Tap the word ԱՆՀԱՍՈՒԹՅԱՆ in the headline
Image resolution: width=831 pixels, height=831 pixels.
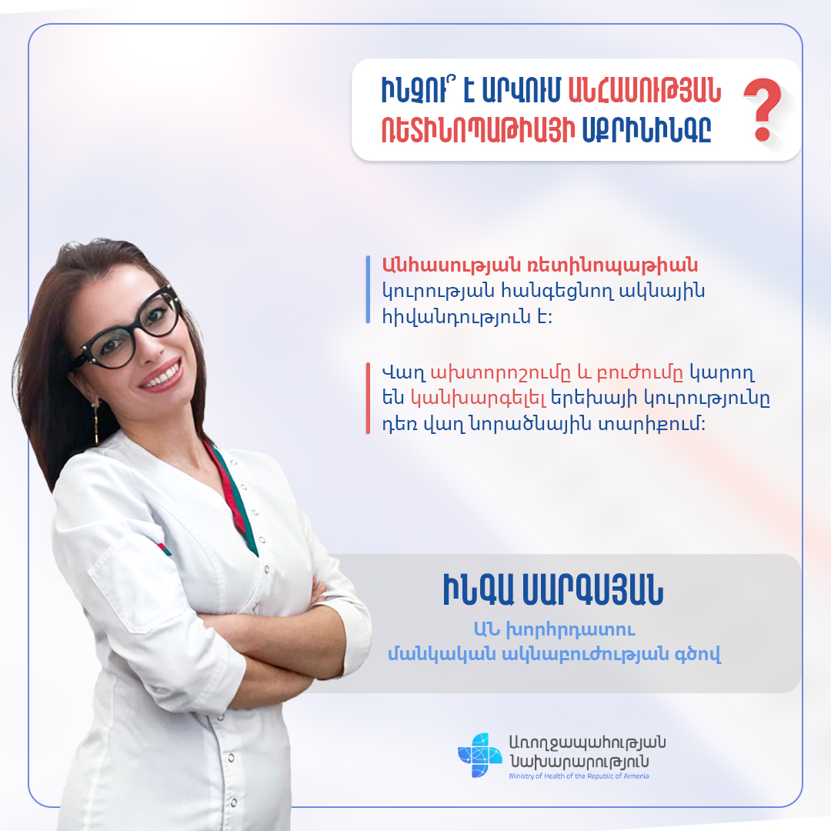(x=644, y=91)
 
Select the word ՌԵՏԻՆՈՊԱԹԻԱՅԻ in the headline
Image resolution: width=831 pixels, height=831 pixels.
(x=478, y=130)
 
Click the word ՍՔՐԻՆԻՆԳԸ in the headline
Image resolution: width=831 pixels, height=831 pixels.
(x=646, y=130)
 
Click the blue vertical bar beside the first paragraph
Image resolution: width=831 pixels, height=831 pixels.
(x=368, y=290)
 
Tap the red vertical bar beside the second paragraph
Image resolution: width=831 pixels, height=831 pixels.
(x=368, y=399)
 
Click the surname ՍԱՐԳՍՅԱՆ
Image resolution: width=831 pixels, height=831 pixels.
(x=592, y=590)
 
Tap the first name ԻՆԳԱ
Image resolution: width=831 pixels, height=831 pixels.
(x=478, y=590)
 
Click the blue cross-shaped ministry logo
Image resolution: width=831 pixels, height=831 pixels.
(x=479, y=755)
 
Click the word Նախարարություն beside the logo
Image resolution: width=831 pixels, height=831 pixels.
(x=579, y=762)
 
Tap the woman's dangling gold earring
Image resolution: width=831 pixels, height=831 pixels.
(x=96, y=422)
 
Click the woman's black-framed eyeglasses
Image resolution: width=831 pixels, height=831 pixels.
(x=127, y=330)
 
